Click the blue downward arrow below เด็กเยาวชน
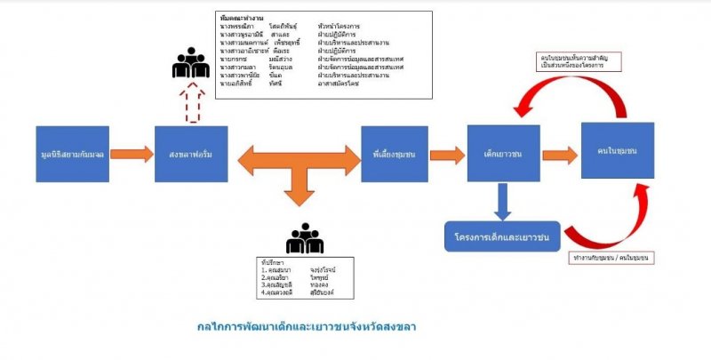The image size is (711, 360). coord(504,201)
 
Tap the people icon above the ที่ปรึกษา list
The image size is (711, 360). coord(304,237)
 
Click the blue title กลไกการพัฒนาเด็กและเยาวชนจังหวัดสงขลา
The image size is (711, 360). coord(307,326)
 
